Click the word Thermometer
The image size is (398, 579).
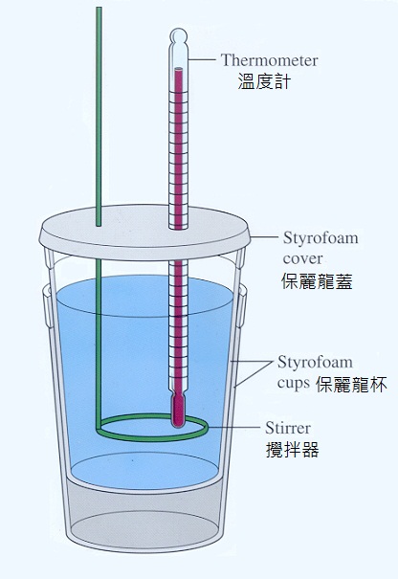point(269,60)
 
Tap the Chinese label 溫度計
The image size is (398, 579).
point(264,81)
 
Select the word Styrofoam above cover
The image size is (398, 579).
point(321,238)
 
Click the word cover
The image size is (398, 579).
point(302,258)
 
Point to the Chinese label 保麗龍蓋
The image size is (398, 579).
point(317,281)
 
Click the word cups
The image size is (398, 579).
point(294,384)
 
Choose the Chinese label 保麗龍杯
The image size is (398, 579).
point(351,385)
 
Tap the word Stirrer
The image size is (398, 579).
point(288,428)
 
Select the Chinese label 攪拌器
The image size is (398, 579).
point(292,450)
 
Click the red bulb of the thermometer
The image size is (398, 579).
point(178,411)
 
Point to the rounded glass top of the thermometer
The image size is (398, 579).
point(178,36)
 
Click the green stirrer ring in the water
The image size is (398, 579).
point(152,439)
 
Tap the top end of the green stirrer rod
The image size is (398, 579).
point(99,8)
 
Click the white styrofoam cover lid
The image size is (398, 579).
point(144,232)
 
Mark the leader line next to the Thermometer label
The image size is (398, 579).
point(202,59)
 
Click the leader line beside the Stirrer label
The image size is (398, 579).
point(234,428)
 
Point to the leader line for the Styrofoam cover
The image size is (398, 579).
point(264,236)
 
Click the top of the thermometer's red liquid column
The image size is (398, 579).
point(179,70)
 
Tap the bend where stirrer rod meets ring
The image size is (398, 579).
point(99,429)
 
